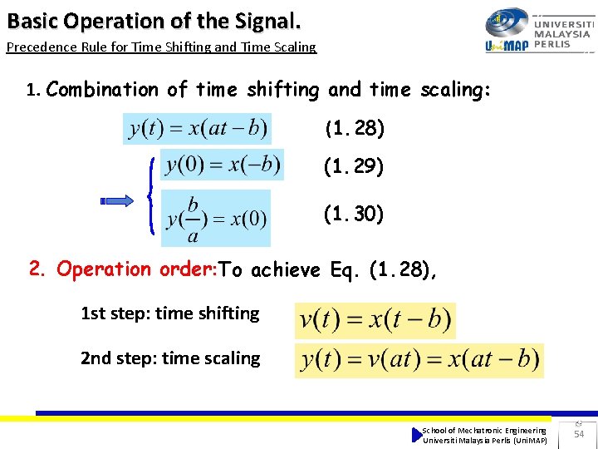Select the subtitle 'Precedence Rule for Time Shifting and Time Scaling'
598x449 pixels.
pyautogui.click(x=161, y=47)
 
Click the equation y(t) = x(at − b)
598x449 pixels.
pyautogui.click(x=198, y=129)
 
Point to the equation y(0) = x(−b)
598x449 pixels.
pyautogui.click(x=222, y=164)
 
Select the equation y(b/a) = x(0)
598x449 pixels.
pyautogui.click(x=216, y=218)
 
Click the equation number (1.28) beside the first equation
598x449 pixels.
pyautogui.click(x=354, y=129)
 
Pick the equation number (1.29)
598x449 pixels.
pyautogui.click(x=354, y=167)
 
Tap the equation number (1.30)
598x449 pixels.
pyautogui.click(x=354, y=215)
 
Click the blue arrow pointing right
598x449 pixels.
pyautogui.click(x=116, y=200)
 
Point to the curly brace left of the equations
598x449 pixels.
pyautogui.click(x=150, y=196)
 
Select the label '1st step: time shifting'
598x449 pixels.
pyautogui.click(x=169, y=313)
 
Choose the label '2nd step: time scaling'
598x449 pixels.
pyautogui.click(x=170, y=358)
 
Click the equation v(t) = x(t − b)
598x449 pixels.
pyautogui.click(x=375, y=320)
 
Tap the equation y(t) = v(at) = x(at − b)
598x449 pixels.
pyautogui.click(x=419, y=360)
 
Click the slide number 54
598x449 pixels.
pyautogui.click(x=579, y=434)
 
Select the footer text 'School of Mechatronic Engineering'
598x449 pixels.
pyautogui.click(x=484, y=430)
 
